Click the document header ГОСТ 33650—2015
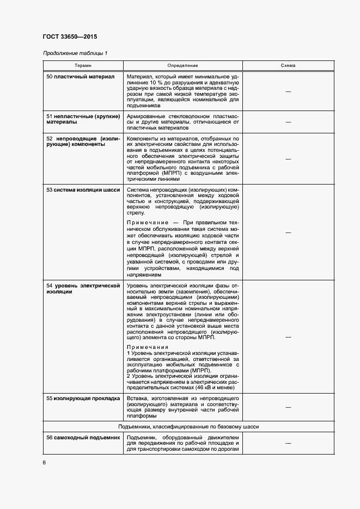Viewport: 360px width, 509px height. click(x=70, y=37)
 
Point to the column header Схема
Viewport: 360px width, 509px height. click(x=288, y=65)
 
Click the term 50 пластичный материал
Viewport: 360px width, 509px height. click(x=80, y=77)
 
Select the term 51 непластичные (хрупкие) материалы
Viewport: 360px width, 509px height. click(x=83, y=120)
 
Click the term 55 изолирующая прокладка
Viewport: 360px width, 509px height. click(x=83, y=398)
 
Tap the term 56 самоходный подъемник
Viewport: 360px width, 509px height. click(x=83, y=438)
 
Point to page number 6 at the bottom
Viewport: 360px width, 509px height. click(x=44, y=463)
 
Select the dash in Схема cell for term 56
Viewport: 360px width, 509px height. click(x=288, y=444)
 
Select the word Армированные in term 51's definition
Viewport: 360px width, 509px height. click(x=145, y=116)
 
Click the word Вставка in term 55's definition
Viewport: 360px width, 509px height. click(x=137, y=398)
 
